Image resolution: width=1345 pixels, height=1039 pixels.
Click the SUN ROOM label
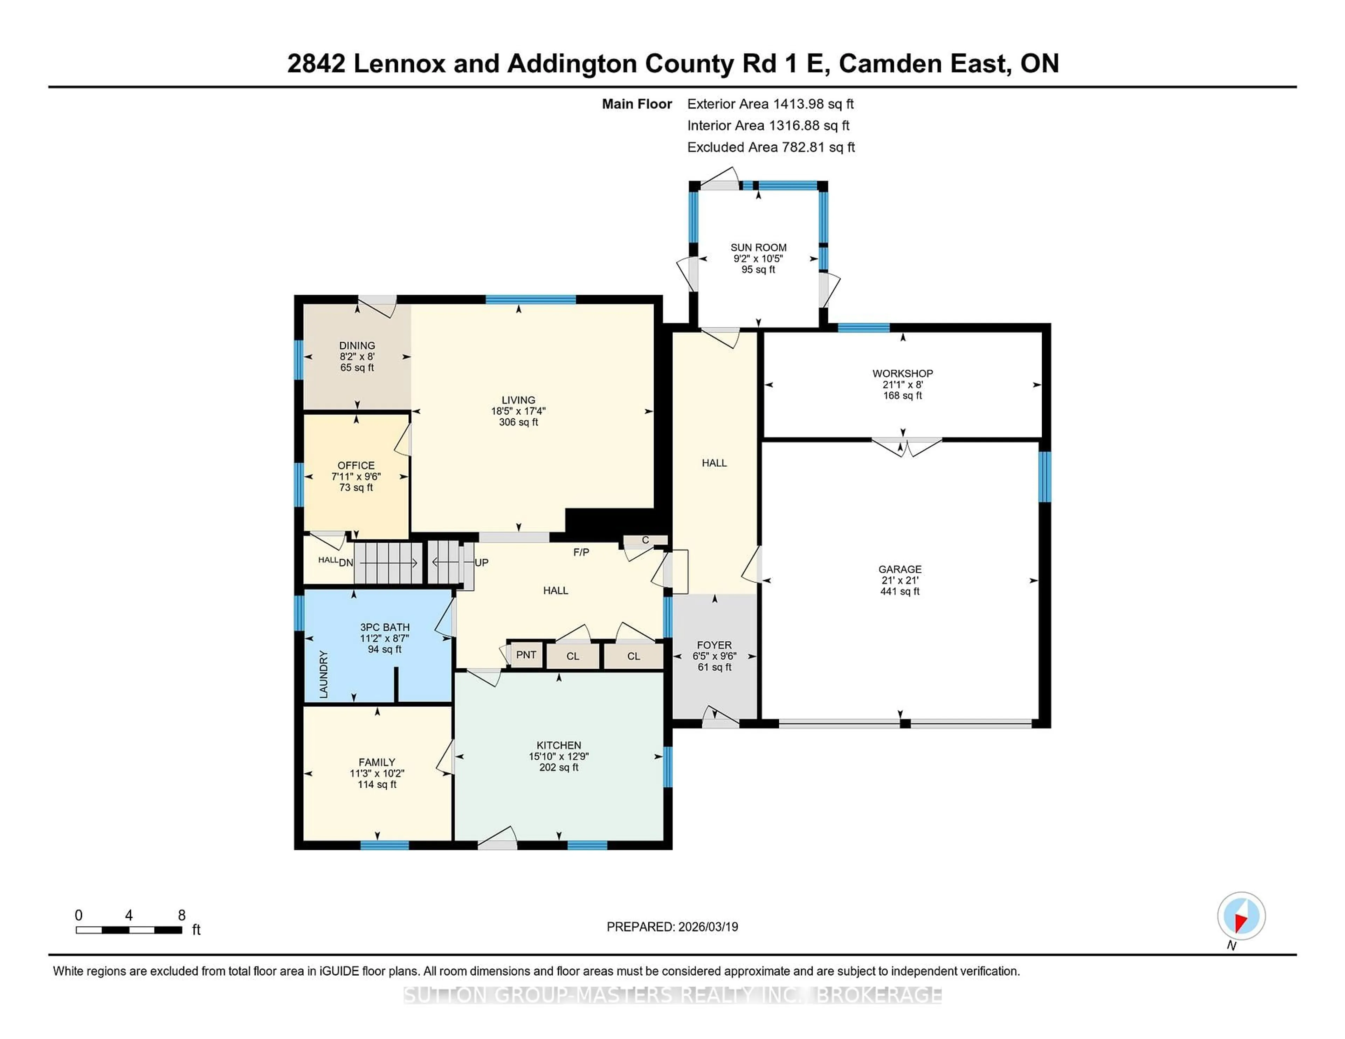(758, 247)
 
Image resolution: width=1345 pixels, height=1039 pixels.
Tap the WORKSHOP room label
(902, 374)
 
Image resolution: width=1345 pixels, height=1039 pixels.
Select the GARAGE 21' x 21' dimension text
(900, 580)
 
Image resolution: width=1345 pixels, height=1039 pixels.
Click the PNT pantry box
(526, 655)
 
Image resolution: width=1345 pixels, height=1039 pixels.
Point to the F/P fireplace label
(581, 552)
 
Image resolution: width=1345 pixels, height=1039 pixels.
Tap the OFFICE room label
(356, 465)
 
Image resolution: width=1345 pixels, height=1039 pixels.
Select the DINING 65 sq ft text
(357, 368)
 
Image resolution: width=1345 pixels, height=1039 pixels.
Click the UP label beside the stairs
(482, 563)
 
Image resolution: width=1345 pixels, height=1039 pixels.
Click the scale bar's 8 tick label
(182, 915)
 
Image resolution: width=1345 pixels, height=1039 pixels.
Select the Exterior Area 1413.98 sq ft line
(771, 104)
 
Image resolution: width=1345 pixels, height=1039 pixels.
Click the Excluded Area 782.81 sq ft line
(771, 147)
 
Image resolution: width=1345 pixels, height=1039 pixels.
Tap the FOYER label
(715, 645)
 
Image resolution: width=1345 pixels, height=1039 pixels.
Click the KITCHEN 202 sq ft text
(559, 768)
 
